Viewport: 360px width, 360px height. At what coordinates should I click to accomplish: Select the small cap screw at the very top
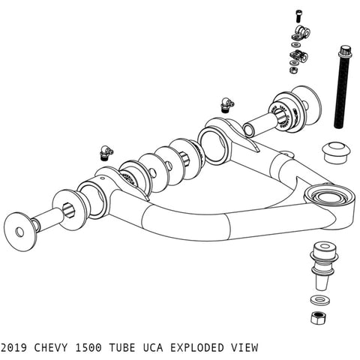[299, 13]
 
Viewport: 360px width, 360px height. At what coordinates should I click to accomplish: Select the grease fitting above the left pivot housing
[106, 153]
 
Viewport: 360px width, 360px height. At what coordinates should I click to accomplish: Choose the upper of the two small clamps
[301, 31]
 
